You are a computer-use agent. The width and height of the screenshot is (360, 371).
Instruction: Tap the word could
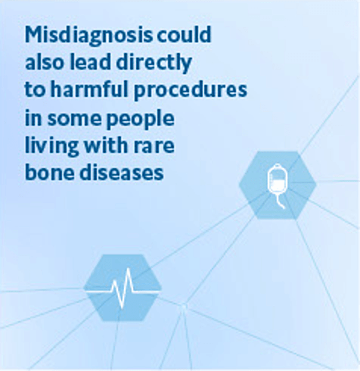pyautogui.click(x=184, y=34)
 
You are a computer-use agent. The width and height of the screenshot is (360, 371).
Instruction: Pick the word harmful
pyautogui.click(x=89, y=89)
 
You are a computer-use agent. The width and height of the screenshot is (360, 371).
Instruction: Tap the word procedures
pyautogui.click(x=191, y=91)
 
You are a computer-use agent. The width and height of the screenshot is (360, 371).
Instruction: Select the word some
pyautogui.click(x=74, y=119)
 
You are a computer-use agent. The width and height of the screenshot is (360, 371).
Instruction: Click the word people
pyautogui.click(x=140, y=119)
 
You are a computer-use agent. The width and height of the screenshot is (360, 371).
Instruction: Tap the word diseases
pyautogui.click(x=122, y=172)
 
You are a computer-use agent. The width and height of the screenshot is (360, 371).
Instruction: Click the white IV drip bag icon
pyautogui.click(x=278, y=186)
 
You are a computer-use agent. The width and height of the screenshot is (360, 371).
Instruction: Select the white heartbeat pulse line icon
pyautogui.click(x=123, y=288)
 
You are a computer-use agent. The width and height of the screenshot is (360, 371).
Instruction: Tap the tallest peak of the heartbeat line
pyautogui.click(x=129, y=269)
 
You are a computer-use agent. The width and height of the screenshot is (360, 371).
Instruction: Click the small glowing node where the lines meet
pyautogui.click(x=184, y=306)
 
